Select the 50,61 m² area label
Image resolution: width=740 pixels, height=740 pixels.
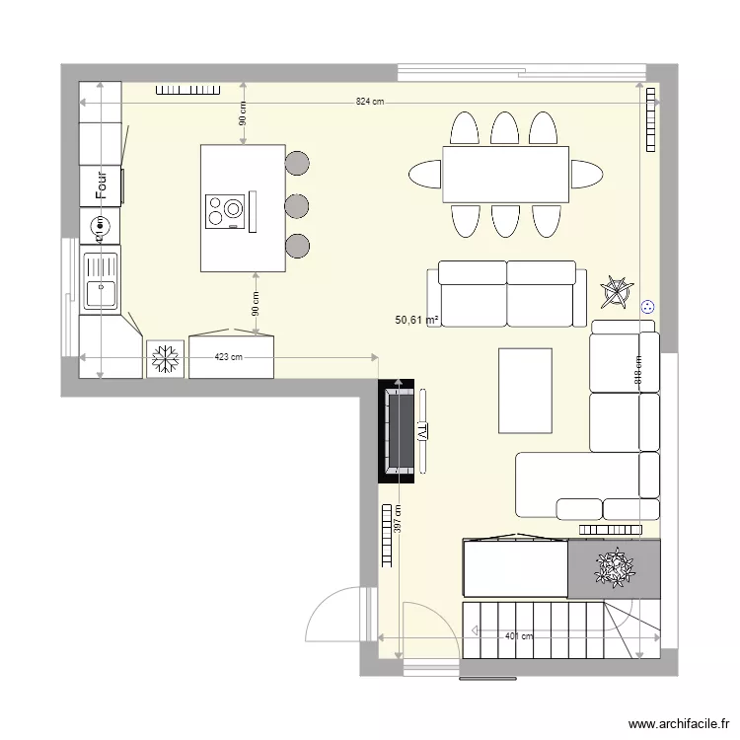[416, 320]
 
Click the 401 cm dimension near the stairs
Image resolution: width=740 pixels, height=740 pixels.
[519, 636]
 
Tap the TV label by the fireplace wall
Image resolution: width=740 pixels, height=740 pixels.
[421, 431]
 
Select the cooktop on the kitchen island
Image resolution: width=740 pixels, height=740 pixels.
[225, 210]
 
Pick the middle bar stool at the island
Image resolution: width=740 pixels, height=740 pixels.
[296, 205]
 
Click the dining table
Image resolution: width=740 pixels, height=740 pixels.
[505, 175]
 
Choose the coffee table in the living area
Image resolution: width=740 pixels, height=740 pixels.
[525, 390]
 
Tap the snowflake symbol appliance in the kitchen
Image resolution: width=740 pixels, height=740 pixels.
[165, 358]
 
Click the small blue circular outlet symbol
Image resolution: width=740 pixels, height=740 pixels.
[647, 306]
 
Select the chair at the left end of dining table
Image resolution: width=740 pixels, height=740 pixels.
[425, 175]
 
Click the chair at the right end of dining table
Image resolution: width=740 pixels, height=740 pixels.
[585, 175]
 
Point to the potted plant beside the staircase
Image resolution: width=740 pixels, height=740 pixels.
[614, 568]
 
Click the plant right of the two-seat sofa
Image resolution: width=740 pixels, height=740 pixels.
[617, 291]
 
